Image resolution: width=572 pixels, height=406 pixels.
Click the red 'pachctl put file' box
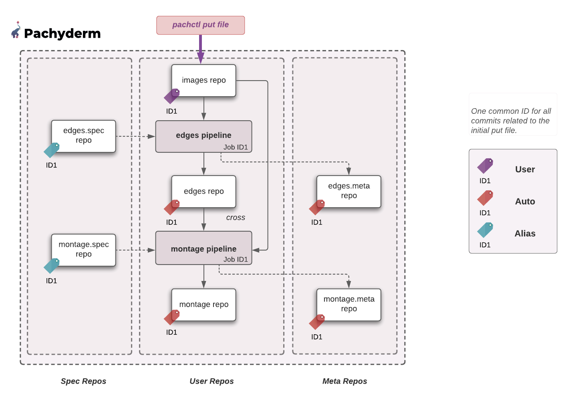coord(200,25)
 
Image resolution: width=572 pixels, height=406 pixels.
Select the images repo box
coord(203,80)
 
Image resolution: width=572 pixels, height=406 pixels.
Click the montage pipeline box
coord(203,248)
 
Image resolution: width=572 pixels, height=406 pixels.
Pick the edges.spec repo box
coord(84,136)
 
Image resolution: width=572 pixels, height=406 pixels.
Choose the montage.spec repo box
coord(84,250)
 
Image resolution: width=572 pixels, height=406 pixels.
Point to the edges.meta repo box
coord(348,191)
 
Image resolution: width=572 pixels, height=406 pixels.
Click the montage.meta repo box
coord(348,304)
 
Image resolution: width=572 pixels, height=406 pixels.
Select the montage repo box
coord(203,305)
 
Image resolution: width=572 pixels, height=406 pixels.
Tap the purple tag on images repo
coord(172,96)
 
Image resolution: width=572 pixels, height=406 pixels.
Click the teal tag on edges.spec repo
coord(52,150)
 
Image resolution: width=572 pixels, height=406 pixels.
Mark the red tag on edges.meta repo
coord(317,207)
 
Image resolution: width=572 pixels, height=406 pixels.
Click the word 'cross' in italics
coord(236,218)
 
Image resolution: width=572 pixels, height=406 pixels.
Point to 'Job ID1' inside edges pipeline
coord(236,147)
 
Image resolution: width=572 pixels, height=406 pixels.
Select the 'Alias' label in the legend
coord(525,234)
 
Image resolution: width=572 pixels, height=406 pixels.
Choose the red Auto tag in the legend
coord(485,198)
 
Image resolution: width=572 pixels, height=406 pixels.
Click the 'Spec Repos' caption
coord(83,381)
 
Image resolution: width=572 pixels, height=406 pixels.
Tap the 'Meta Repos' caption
coord(344,381)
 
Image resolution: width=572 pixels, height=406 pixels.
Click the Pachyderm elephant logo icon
coord(16,30)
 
